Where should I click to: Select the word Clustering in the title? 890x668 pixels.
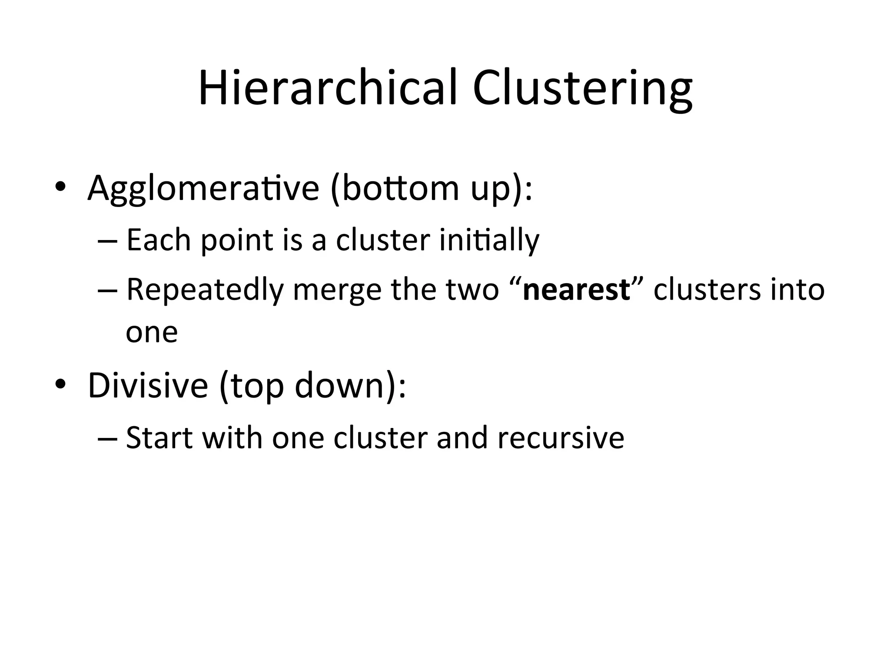point(582,89)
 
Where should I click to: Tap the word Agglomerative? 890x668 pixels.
point(203,188)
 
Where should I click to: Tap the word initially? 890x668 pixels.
point(489,240)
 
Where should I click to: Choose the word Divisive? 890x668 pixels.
point(148,385)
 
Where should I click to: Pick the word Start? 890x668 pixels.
point(159,438)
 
